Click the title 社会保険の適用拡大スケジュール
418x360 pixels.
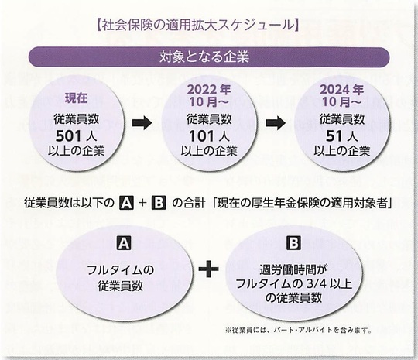197,26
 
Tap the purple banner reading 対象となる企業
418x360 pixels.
209,57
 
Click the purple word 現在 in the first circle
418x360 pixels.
76,98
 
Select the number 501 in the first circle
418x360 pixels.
68,136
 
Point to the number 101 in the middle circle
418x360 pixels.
201,136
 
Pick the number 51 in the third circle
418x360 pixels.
334,136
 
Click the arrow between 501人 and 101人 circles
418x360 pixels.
142,123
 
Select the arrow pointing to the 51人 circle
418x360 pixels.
276,123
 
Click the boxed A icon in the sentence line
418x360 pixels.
126,203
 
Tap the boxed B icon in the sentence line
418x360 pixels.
159,203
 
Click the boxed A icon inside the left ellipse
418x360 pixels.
124,243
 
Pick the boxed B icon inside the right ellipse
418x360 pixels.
294,243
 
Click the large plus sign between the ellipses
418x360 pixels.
209,269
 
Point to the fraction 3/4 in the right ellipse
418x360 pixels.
317,283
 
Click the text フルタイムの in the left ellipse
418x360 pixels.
120,270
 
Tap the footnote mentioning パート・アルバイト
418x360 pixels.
299,330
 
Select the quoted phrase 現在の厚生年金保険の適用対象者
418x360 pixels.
303,203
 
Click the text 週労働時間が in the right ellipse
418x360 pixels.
293,270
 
